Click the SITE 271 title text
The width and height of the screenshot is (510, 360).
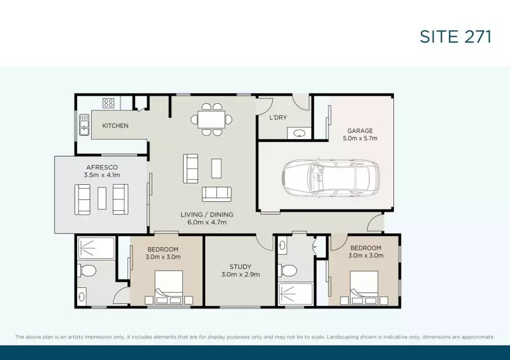tap(455, 36)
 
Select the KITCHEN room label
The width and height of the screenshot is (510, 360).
tap(115, 126)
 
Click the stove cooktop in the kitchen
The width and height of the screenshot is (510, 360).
tap(108, 102)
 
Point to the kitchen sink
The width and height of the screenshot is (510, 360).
tap(83, 126)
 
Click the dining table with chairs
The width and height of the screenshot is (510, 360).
tap(211, 119)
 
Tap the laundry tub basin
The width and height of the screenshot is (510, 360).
tap(299, 133)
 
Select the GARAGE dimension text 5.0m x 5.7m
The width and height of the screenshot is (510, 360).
tap(360, 138)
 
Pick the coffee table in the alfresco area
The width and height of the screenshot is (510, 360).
tap(102, 198)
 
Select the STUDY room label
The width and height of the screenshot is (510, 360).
tap(240, 267)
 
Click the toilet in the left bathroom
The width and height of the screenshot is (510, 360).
tap(84, 269)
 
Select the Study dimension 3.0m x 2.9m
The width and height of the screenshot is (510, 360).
tap(240, 275)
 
